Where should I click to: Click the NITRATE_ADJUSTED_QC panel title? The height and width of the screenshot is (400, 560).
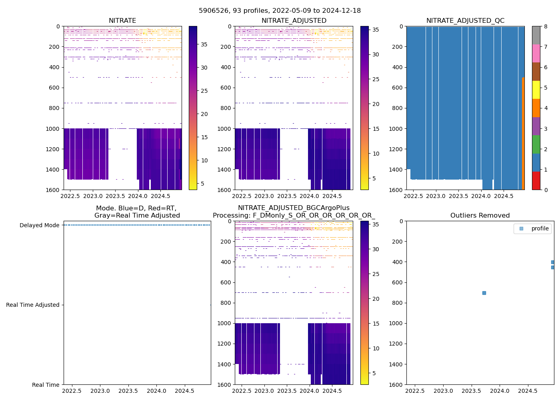click(x=465, y=21)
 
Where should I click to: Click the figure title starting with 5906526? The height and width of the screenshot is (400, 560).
click(x=280, y=11)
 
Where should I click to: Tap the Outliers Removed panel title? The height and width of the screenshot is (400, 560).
click(x=480, y=216)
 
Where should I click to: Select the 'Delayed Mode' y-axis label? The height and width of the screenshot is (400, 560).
click(x=39, y=225)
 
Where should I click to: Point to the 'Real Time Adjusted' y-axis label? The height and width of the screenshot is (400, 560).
click(x=32, y=305)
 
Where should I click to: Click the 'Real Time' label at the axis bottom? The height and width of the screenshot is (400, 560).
click(x=46, y=385)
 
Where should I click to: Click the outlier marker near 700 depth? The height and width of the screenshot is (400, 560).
click(x=484, y=293)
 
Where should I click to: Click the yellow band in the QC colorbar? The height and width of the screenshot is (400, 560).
click(x=536, y=90)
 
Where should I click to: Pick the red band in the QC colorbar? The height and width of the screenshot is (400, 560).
click(x=536, y=181)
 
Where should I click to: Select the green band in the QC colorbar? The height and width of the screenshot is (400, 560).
click(x=536, y=144)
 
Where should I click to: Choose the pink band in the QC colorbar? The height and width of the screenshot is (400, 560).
click(x=536, y=54)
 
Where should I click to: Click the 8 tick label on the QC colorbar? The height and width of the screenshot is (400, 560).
click(x=546, y=26)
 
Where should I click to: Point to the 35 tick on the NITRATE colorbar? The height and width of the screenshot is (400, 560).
click(x=204, y=44)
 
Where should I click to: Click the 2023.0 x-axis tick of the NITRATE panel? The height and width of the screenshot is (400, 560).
click(x=93, y=196)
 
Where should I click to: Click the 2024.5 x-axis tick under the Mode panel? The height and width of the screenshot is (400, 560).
click(x=184, y=391)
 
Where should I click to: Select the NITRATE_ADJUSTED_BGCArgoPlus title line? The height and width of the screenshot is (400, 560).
click(x=294, y=208)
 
